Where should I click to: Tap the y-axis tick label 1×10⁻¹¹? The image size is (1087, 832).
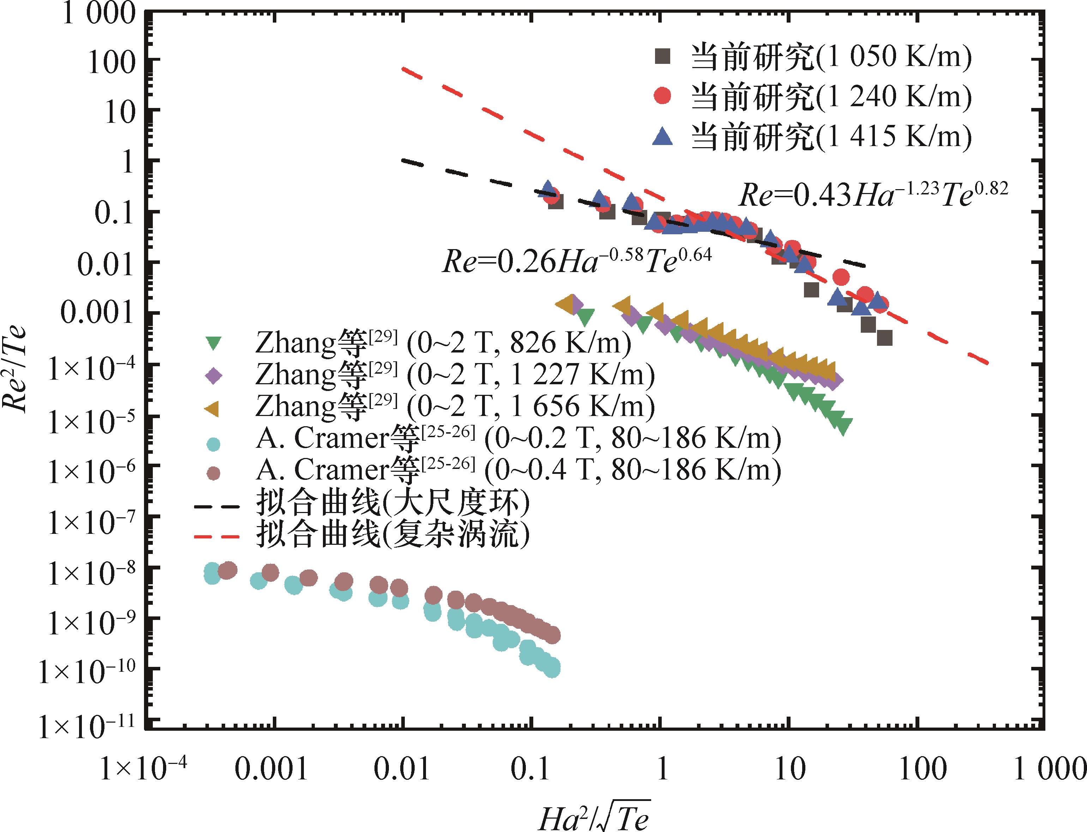87,727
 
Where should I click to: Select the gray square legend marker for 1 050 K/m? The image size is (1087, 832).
662,56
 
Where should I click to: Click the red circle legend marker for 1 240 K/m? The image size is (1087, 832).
662,96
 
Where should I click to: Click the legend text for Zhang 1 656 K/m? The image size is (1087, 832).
455,406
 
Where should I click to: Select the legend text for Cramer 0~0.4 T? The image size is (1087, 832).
517,470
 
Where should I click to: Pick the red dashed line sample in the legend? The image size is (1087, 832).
216,536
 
